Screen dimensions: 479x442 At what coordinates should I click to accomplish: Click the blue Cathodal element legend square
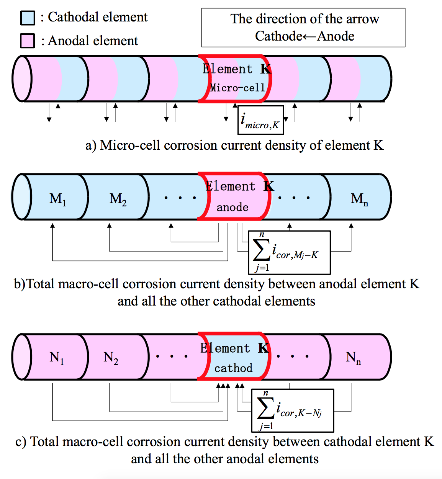pyautogui.click(x=28, y=18)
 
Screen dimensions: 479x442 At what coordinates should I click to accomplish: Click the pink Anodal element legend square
pyautogui.click(x=28, y=41)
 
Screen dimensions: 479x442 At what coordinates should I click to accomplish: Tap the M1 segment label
pyautogui.click(x=58, y=199)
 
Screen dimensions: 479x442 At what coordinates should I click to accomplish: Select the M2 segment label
pyautogui.click(x=118, y=199)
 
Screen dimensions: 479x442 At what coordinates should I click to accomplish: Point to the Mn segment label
pyautogui.click(x=359, y=199)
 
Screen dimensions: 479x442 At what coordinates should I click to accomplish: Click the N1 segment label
pyautogui.click(x=57, y=358)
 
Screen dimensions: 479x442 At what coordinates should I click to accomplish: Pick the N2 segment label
pyautogui.click(x=111, y=358)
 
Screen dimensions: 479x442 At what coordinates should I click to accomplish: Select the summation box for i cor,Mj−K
pyautogui.click(x=289, y=252)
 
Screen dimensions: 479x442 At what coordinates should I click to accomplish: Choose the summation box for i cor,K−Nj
pyautogui.click(x=292, y=410)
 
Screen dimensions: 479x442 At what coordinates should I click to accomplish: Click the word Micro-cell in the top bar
pyautogui.click(x=237, y=88)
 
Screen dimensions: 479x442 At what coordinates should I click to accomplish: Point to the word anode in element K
pyautogui.click(x=232, y=208)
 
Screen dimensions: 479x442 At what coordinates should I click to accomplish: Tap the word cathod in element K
pyautogui.click(x=233, y=368)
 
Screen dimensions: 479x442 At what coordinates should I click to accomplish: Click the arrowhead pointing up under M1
pyautogui.click(x=52, y=226)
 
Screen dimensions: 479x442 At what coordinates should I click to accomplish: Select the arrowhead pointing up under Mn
pyautogui.click(x=351, y=226)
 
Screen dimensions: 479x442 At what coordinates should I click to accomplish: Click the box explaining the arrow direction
pyautogui.click(x=303, y=28)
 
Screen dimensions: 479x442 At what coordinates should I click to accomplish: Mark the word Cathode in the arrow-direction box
pyautogui.click(x=278, y=36)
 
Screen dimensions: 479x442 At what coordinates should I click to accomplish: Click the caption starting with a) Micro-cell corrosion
pyautogui.click(x=234, y=145)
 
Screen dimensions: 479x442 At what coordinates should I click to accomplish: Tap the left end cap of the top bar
pyautogui.click(x=21, y=79)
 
